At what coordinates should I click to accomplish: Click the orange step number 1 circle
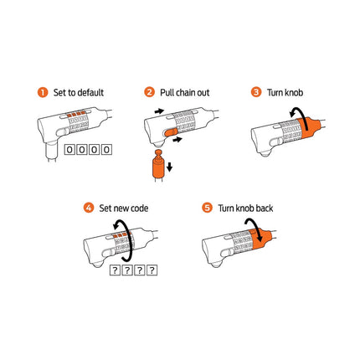click(43, 92)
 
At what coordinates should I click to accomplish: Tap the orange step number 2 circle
click(149, 92)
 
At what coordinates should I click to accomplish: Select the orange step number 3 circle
click(256, 92)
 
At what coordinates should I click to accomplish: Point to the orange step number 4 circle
click(89, 208)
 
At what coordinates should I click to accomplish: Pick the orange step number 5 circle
click(207, 208)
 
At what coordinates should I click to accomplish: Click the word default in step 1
click(89, 92)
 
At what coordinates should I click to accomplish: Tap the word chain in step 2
click(185, 92)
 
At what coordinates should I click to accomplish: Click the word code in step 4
click(138, 208)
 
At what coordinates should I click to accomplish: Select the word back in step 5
click(265, 208)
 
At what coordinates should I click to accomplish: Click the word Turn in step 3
click(274, 92)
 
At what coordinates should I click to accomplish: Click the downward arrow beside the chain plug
click(169, 167)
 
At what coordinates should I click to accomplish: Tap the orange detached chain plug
click(158, 164)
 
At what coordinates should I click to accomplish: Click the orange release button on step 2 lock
click(171, 131)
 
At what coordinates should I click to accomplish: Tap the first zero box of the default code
click(69, 150)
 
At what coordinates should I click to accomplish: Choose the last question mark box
click(152, 270)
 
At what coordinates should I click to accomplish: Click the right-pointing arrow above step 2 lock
click(159, 111)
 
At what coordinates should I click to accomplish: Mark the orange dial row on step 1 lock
click(75, 114)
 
